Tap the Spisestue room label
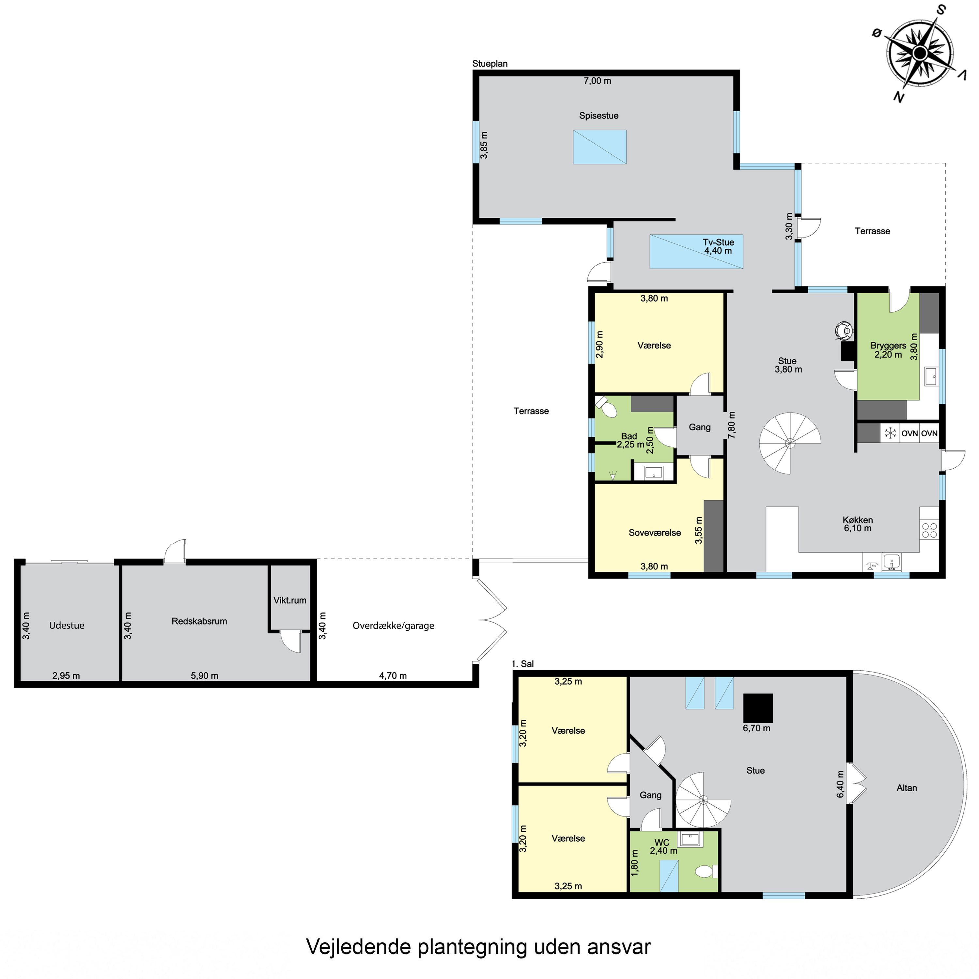pos(598,116)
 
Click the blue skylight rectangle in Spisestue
pos(599,147)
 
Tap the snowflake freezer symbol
pos(890,433)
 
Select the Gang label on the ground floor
pos(699,427)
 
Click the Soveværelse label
pos(655,533)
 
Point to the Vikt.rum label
pos(290,600)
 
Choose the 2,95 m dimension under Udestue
pos(66,676)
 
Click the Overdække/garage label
pos(393,626)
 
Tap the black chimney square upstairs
pos(758,707)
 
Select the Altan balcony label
pos(907,788)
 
